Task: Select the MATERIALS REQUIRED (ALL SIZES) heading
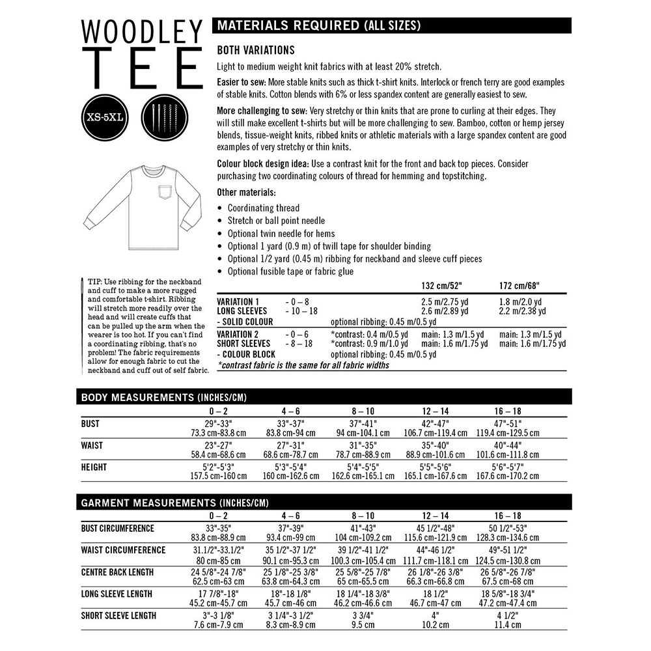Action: [x=318, y=26]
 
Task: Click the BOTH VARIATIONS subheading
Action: [x=256, y=50]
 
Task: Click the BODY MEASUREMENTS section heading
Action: [x=163, y=397]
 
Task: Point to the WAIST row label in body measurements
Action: [x=92, y=445]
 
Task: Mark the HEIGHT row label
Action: [x=94, y=467]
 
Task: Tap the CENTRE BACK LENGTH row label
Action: [x=117, y=572]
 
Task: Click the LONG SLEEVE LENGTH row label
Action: [x=117, y=594]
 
